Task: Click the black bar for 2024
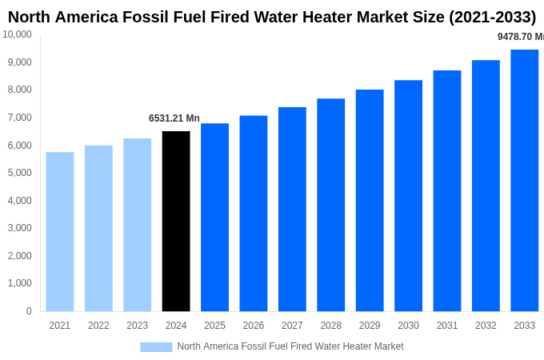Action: click(x=176, y=222)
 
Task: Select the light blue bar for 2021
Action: click(x=60, y=232)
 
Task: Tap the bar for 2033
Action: click(x=525, y=181)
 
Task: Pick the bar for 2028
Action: click(x=331, y=205)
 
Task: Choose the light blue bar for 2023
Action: click(x=138, y=225)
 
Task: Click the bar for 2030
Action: click(x=408, y=196)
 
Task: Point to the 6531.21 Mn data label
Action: click(x=174, y=118)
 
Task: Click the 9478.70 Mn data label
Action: click(x=520, y=37)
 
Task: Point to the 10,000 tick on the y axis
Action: click(x=17, y=34)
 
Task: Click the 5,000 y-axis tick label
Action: click(x=19, y=173)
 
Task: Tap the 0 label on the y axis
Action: click(x=29, y=311)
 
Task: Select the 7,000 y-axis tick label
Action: click(x=19, y=118)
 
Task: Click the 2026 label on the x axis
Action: click(x=254, y=326)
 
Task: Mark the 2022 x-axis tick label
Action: click(x=98, y=326)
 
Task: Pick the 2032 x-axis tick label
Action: click(x=486, y=326)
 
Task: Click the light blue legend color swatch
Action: click(x=156, y=346)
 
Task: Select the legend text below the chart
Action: click(x=290, y=346)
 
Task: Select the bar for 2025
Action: click(x=214, y=218)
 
